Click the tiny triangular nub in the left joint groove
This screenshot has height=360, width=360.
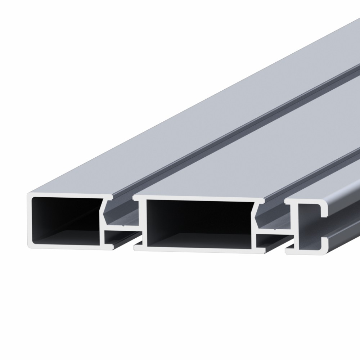[x=123, y=226]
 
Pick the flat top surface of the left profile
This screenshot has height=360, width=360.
[x=144, y=144]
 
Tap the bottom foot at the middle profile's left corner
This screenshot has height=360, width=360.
[x=138, y=248]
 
